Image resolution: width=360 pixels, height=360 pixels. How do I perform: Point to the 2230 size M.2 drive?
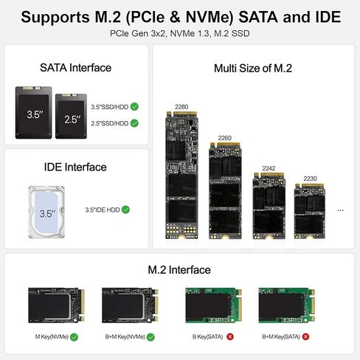tap(308, 211)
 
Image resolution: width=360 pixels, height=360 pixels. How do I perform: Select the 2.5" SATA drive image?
tap(72, 117)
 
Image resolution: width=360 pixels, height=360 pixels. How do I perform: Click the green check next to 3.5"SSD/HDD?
tap(134, 106)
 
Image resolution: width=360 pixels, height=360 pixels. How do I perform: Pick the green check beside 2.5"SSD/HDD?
tap(134, 123)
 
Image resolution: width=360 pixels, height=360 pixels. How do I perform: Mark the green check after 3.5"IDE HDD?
tap(125, 210)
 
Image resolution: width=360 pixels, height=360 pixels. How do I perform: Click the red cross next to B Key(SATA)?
tap(229, 336)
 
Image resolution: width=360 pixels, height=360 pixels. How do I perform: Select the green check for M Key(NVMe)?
tap(74, 336)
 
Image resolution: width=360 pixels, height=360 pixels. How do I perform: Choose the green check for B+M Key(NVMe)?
tap(150, 336)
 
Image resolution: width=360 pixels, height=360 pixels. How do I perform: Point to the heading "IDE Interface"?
tap(75, 167)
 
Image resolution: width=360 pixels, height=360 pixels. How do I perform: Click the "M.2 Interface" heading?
tap(179, 270)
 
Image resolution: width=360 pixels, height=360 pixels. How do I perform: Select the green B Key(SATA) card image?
tap(210, 305)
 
